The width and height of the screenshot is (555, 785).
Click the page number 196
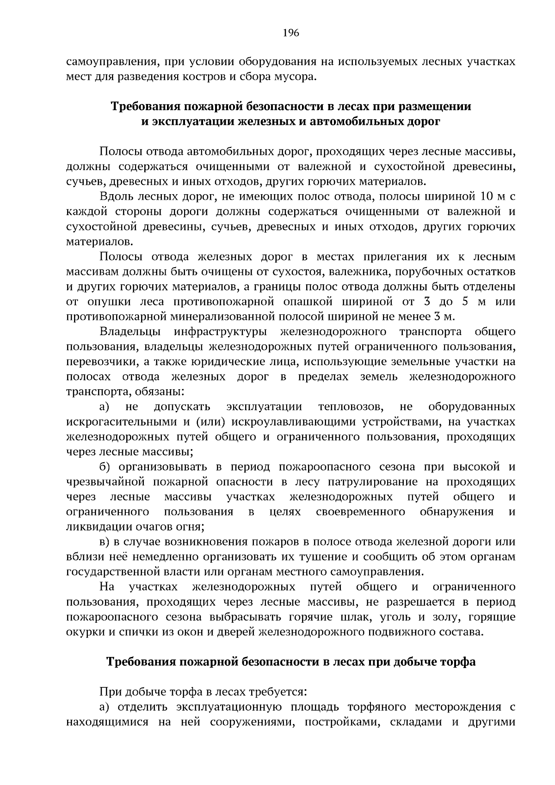pos(290,33)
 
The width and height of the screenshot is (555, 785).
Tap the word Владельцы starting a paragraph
pos(130,332)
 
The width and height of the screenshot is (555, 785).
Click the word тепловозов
pos(350,407)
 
